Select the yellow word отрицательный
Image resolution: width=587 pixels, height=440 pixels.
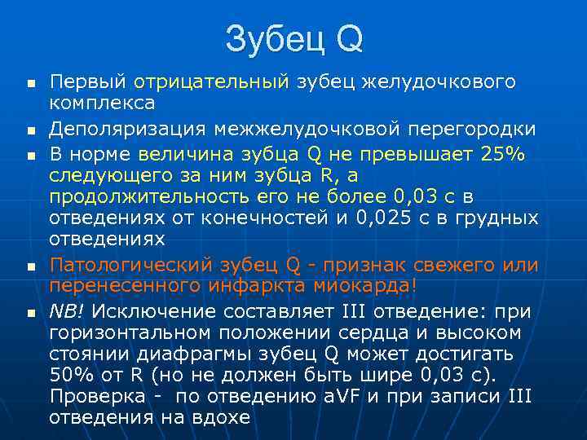click(212, 81)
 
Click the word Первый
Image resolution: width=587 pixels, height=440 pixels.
click(88, 81)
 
